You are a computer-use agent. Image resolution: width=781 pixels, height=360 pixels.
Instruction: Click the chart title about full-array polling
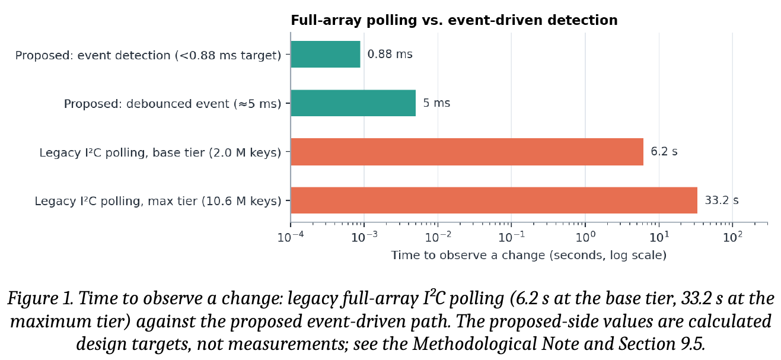pyautogui.click(x=454, y=21)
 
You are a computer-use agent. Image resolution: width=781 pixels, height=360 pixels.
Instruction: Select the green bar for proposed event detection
pyautogui.click(x=326, y=55)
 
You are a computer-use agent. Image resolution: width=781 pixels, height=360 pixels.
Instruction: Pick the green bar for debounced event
pyautogui.click(x=353, y=103)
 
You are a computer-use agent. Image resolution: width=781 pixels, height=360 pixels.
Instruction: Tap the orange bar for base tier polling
pyautogui.click(x=467, y=152)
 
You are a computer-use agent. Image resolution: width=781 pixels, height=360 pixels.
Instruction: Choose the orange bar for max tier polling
pyautogui.click(x=494, y=200)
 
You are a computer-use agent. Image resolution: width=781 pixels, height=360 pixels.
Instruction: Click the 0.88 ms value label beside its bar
pyautogui.click(x=390, y=55)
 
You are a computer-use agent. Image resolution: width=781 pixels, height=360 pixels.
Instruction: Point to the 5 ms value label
pyautogui.click(x=436, y=103)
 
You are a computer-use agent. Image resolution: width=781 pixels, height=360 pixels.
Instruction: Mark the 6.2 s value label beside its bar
pyautogui.click(x=664, y=152)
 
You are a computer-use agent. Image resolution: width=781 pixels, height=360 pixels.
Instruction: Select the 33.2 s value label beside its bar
pyautogui.click(x=721, y=200)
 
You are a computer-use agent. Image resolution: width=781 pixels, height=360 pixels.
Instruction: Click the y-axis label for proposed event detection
pyautogui.click(x=148, y=56)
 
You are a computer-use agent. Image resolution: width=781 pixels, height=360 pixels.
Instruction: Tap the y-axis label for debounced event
pyautogui.click(x=173, y=104)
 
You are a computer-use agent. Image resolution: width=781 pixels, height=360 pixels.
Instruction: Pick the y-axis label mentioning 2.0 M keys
pyautogui.click(x=160, y=153)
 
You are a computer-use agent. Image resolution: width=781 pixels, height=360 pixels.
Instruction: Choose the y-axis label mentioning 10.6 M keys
pyautogui.click(x=158, y=201)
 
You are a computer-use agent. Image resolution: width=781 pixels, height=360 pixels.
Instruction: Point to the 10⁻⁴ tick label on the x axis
pyautogui.click(x=291, y=237)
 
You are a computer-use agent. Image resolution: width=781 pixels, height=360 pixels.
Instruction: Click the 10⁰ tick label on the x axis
pyautogui.click(x=585, y=237)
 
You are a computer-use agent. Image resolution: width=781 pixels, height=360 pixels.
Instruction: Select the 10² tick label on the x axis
pyautogui.click(x=732, y=237)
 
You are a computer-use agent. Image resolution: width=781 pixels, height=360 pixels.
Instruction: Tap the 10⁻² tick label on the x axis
pyautogui.click(x=438, y=237)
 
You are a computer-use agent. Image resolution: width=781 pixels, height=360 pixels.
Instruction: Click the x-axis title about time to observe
pyautogui.click(x=528, y=256)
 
